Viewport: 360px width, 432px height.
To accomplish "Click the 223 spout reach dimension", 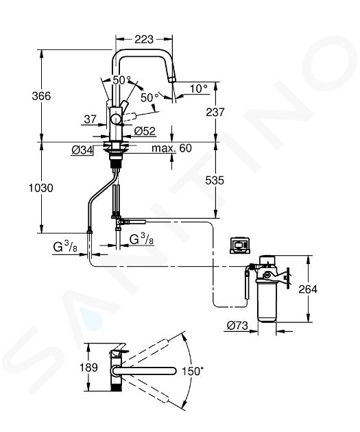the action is coord(144,39).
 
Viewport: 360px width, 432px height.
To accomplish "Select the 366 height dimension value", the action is coord(41,96).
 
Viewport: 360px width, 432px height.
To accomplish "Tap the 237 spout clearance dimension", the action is coord(215,112).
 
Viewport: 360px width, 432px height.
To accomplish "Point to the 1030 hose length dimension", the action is coord(41,188).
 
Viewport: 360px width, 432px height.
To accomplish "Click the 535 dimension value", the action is coord(215,180).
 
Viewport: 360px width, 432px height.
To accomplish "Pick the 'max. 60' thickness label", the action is coord(171,148).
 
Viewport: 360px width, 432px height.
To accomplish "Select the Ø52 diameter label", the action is coord(145,131).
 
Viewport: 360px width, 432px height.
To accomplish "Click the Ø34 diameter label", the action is coord(82,150).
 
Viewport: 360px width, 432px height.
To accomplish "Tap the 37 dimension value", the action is coord(90,119).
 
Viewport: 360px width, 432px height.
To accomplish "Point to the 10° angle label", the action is coord(199,88).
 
